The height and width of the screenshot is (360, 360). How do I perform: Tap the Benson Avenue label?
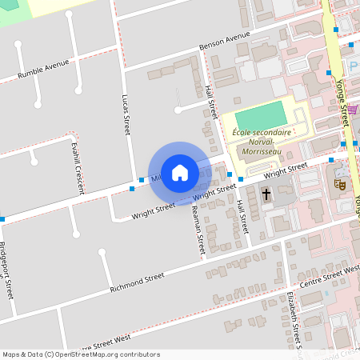tap(226, 42)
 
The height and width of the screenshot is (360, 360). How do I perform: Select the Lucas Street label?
tap(126, 114)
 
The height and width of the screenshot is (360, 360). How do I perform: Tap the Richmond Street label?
tap(137, 281)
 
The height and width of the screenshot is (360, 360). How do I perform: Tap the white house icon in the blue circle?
tap(180, 172)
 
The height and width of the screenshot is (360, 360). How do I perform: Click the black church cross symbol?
tap(266, 194)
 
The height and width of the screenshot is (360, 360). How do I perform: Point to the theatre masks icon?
tap(340, 183)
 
